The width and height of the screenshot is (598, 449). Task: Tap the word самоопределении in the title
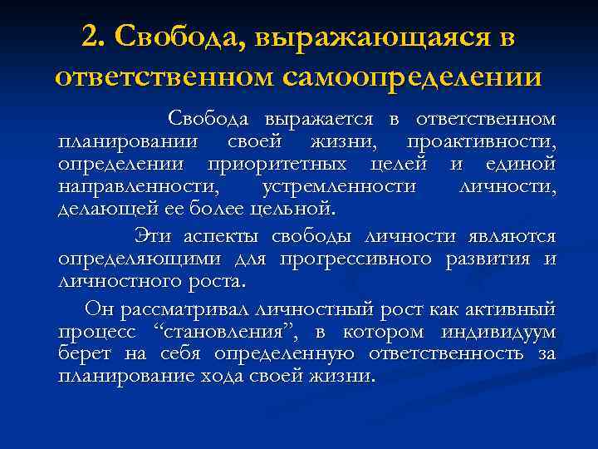pyautogui.click(x=412, y=76)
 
